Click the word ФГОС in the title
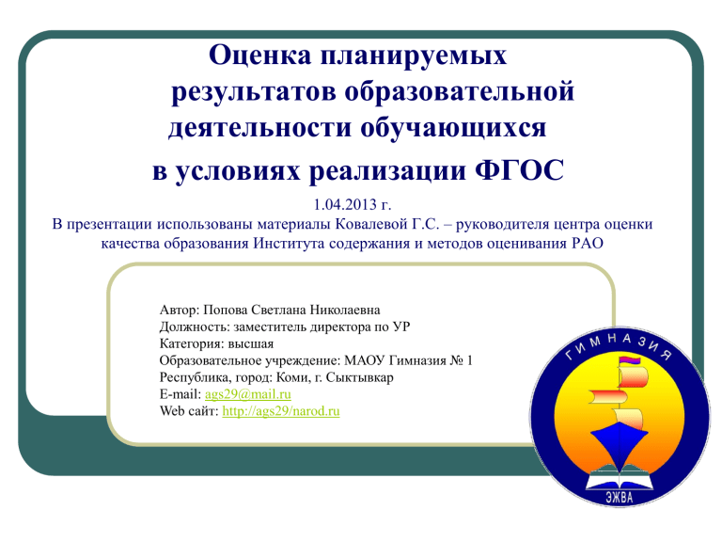coord(519,170)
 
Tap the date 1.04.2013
coord(345,203)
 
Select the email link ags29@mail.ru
coord(248,394)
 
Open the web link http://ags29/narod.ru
coord(281,411)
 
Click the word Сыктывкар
coord(360,377)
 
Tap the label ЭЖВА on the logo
coord(620,497)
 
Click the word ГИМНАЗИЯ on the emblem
coord(619,346)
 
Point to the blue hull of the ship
coord(619,442)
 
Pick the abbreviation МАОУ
coord(364,360)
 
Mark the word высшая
coord(251,344)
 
